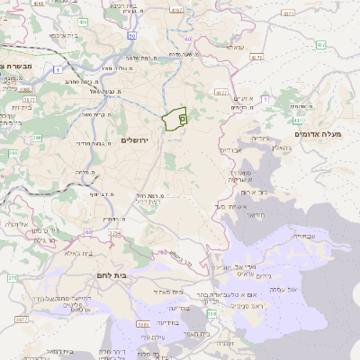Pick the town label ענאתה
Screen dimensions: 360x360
click(235, 48)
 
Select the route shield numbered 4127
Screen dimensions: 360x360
click(221, 92)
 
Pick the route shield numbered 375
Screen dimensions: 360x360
click(12, 278)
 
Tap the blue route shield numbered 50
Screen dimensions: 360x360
click(131, 36)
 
